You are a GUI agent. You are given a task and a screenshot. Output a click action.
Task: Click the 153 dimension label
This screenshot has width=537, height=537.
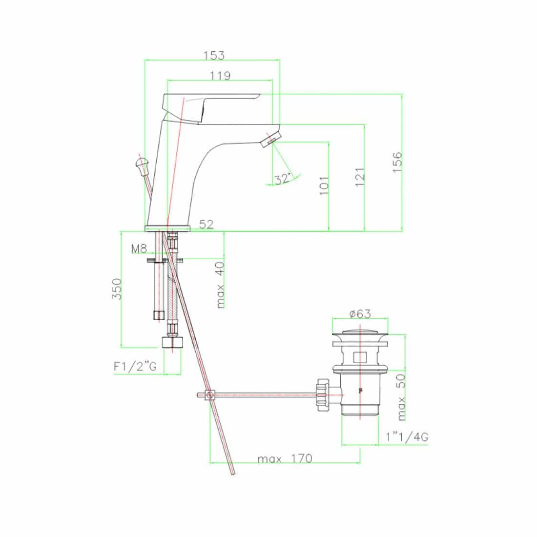pos(214,55)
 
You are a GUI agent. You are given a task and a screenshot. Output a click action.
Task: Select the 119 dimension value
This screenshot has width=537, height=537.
pos(220,76)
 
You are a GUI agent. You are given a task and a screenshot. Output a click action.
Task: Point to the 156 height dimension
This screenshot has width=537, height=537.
pos(397,163)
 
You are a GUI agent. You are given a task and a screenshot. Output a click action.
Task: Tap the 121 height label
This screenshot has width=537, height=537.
pos(360,177)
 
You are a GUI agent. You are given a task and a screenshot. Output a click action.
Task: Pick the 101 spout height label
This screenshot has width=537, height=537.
pos(324,186)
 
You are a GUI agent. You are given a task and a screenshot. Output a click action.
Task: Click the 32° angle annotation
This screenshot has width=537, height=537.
pos(283,178)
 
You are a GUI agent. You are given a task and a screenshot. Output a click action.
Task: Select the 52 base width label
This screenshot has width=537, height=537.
pos(206,225)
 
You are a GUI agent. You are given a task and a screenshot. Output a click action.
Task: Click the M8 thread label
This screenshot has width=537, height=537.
pos(139,248)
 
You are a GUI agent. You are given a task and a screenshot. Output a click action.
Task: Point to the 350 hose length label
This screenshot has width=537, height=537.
pos(117,289)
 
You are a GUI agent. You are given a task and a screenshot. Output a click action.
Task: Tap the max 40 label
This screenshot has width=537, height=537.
pos(220,285)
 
